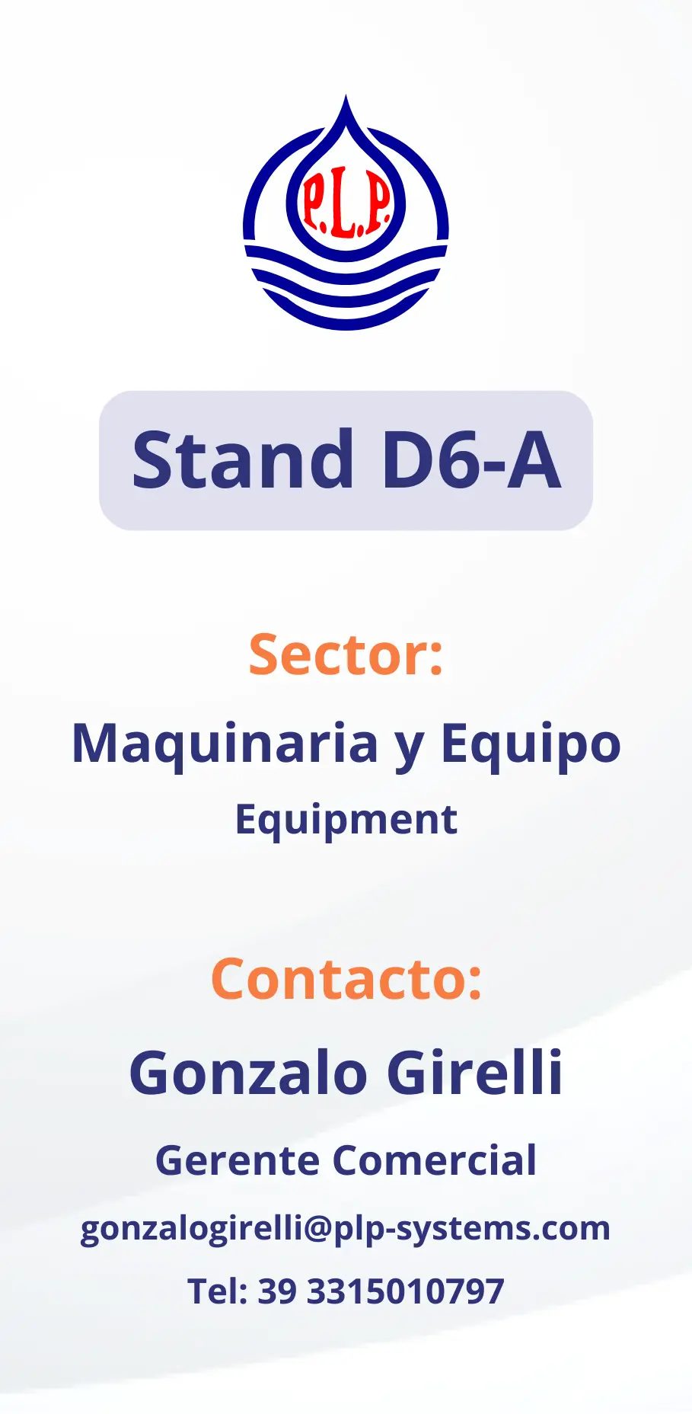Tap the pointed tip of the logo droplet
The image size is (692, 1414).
(346, 95)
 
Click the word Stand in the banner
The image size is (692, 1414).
(243, 460)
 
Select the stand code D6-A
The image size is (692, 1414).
(471, 460)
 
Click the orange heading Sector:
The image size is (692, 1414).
(346, 654)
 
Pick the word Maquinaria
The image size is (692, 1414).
(225, 744)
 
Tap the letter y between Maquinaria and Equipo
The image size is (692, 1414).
(409, 750)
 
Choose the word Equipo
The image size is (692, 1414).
(531, 744)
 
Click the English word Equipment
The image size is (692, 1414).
(346, 821)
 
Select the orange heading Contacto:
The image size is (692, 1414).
(346, 979)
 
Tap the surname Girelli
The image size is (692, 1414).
(475, 1072)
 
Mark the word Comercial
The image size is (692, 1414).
(435, 1161)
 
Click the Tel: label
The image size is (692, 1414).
(218, 1291)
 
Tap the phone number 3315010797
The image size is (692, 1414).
(405, 1291)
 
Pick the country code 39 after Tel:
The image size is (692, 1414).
(277, 1291)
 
